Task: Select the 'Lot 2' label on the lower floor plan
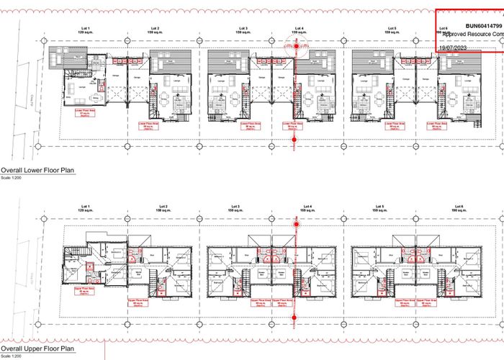153,28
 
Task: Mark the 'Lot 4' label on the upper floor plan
307,207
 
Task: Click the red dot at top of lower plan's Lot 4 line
294,45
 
